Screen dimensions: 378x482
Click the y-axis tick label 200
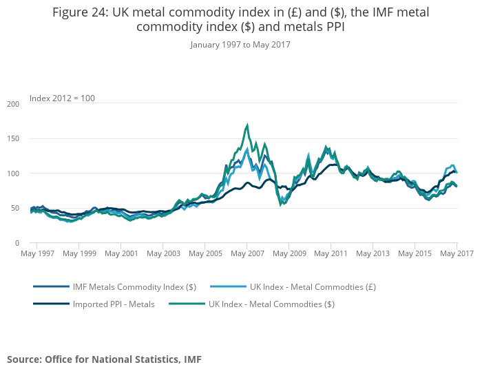coord(12,104)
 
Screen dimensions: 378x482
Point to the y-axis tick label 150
coord(12,139)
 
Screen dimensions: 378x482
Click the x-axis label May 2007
coord(247,253)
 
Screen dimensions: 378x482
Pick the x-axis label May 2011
coord(331,253)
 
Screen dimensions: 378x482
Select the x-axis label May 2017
coord(457,253)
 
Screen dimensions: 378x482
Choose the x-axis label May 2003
coord(163,253)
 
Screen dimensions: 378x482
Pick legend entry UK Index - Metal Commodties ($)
coord(271,303)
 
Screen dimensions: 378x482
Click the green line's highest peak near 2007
coord(247,126)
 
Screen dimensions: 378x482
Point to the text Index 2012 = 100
coord(62,98)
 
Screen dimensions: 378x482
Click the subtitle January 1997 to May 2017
coord(240,45)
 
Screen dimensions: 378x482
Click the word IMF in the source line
coord(191,359)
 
